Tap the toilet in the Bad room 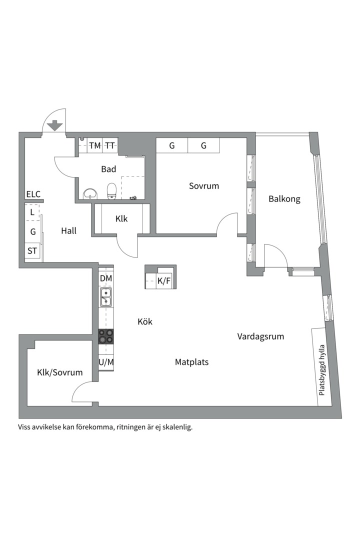click(x=112, y=190)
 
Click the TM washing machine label click(x=95, y=146)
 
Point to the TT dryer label click(x=110, y=146)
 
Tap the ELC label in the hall click(x=33, y=194)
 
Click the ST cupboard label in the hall click(x=32, y=251)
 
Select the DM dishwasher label click(x=105, y=278)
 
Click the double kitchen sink click(x=105, y=296)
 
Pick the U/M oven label click(x=105, y=362)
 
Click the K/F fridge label click(x=164, y=281)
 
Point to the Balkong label click(x=284, y=199)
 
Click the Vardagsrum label click(x=260, y=336)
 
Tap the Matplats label click(x=191, y=362)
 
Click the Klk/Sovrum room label click(x=59, y=372)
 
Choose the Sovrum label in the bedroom click(x=204, y=186)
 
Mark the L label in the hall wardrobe click(x=32, y=212)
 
